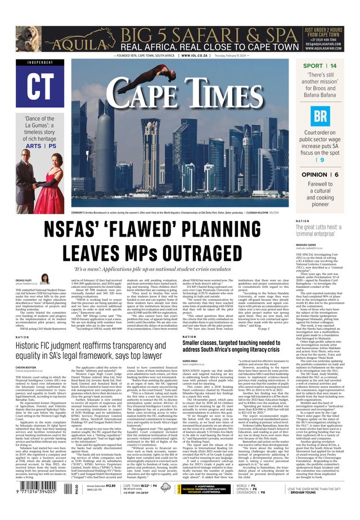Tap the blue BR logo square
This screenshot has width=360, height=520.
click(319, 116)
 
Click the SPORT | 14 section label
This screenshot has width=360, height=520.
click(319, 66)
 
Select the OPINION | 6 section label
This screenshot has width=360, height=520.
click(319, 175)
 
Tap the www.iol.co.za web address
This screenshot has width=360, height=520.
click(196, 56)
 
